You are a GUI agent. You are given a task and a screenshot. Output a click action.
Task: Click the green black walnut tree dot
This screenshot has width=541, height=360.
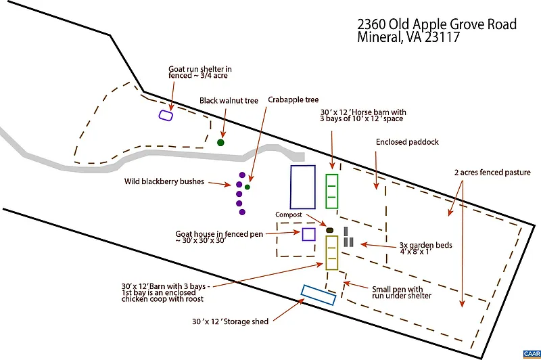220,143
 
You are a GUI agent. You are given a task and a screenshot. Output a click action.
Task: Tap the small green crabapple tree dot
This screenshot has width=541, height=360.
248,187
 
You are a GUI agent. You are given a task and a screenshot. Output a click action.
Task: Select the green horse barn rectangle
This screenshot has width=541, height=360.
331,191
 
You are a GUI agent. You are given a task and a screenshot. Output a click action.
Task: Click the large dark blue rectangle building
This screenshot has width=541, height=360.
303,187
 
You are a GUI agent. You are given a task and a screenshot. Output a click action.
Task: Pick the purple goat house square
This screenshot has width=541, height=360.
308,234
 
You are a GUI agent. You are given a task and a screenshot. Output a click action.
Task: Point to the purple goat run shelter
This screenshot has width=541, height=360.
166,115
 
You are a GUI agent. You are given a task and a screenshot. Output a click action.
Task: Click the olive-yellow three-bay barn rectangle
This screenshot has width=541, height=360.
331,252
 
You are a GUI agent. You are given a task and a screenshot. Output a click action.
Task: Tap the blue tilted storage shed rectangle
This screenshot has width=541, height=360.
319,294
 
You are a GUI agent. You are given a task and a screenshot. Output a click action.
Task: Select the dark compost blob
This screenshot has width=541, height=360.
330,231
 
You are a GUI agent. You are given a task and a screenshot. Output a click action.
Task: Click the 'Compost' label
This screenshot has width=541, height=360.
287,215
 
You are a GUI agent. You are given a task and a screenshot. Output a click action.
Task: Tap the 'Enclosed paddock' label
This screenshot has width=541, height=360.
407,142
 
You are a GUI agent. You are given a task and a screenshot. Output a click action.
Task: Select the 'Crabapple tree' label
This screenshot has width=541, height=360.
293,99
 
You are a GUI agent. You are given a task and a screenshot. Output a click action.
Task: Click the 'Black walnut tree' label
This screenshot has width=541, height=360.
229,101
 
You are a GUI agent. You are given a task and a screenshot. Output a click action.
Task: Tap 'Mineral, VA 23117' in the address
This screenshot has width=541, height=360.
408,39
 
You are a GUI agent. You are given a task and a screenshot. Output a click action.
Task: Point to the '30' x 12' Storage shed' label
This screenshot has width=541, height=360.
231,322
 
